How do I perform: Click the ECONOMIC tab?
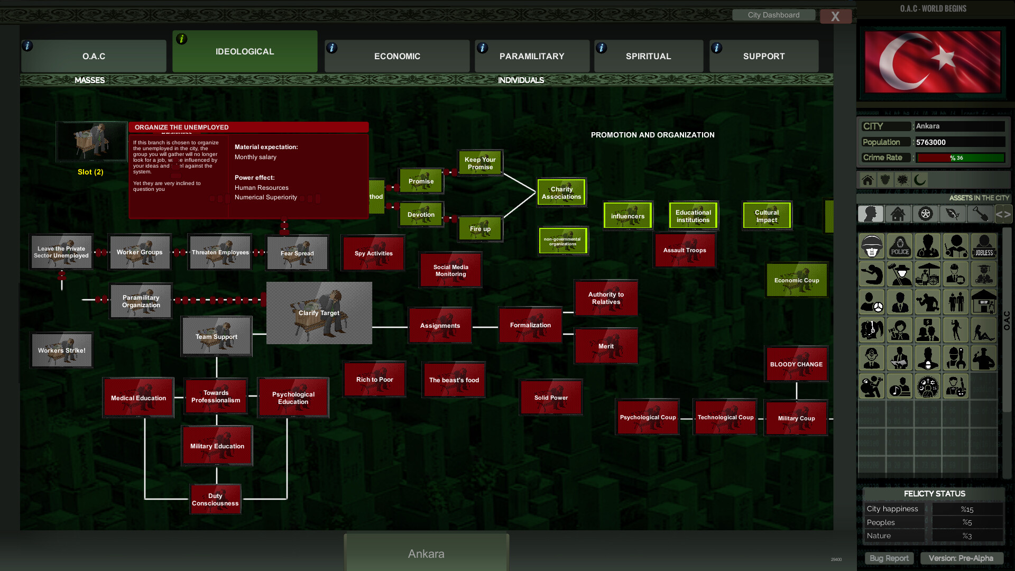[x=397, y=56]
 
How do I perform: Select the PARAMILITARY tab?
[x=532, y=56]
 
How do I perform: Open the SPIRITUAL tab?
[x=648, y=56]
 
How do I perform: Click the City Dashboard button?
[x=773, y=15]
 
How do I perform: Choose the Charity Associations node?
[x=561, y=193]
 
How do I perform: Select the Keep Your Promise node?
[x=480, y=163]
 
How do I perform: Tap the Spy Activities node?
[x=373, y=253]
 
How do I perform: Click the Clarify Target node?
[x=319, y=313]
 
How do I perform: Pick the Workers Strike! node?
[x=62, y=350]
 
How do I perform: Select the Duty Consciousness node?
[x=215, y=500]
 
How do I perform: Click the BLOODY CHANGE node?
[x=796, y=364]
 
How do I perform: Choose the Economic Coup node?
[x=797, y=280]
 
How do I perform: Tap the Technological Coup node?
[x=725, y=418]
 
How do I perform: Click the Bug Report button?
[x=889, y=558]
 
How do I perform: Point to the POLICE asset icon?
[x=900, y=246]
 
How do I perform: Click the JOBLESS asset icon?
[x=984, y=246]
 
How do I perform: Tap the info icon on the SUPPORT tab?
[x=717, y=48]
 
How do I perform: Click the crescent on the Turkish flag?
[x=899, y=61]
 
